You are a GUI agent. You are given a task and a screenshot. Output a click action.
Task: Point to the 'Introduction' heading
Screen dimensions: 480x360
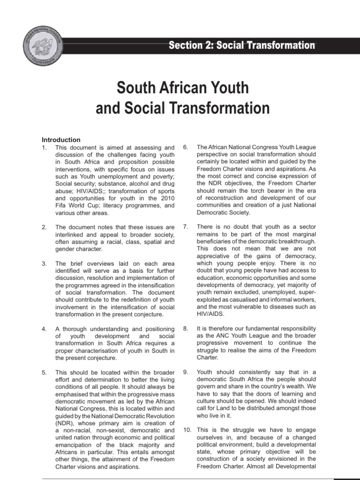61,140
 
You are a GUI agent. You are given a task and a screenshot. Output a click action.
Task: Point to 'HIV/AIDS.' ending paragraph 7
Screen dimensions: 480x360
210,314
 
